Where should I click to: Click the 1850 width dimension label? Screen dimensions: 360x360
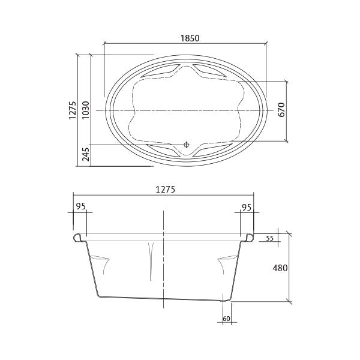pos(190,37)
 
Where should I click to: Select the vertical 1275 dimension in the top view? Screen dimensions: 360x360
pos(72,110)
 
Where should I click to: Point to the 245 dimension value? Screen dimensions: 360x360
pos(85,155)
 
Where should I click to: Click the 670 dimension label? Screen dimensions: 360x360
pos(281,110)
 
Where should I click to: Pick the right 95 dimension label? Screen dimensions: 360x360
pos(245,207)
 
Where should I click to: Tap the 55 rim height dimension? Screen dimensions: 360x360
pos(269,238)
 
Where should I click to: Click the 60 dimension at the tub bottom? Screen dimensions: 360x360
pos(226,319)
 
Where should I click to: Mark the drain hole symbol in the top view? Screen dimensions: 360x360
pos(187,145)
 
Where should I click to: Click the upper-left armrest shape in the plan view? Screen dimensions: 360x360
pos(157,71)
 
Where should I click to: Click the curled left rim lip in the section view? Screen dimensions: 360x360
pos(77,238)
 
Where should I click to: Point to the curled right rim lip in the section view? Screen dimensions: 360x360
pos(248,238)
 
